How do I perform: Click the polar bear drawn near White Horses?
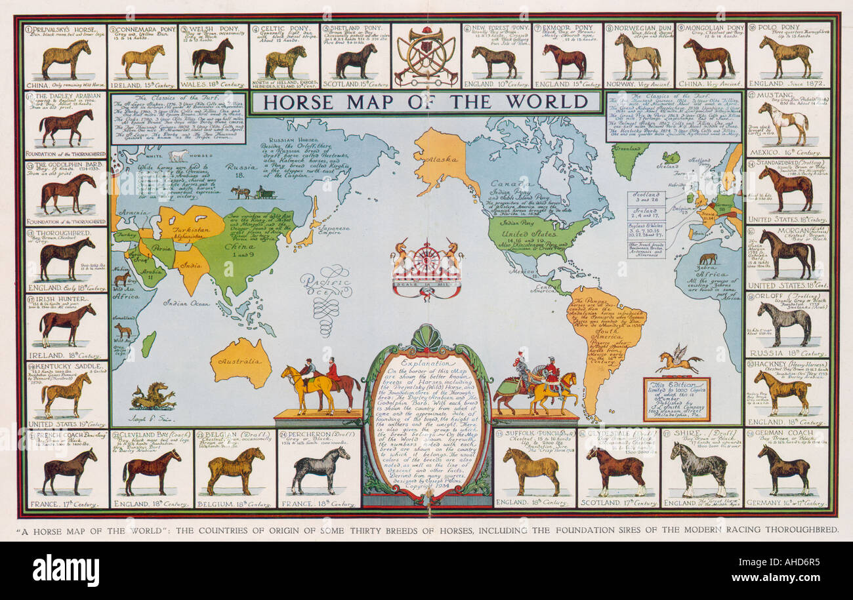pos(178,155)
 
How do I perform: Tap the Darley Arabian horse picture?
pos(66,126)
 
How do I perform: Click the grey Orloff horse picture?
pos(783,321)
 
